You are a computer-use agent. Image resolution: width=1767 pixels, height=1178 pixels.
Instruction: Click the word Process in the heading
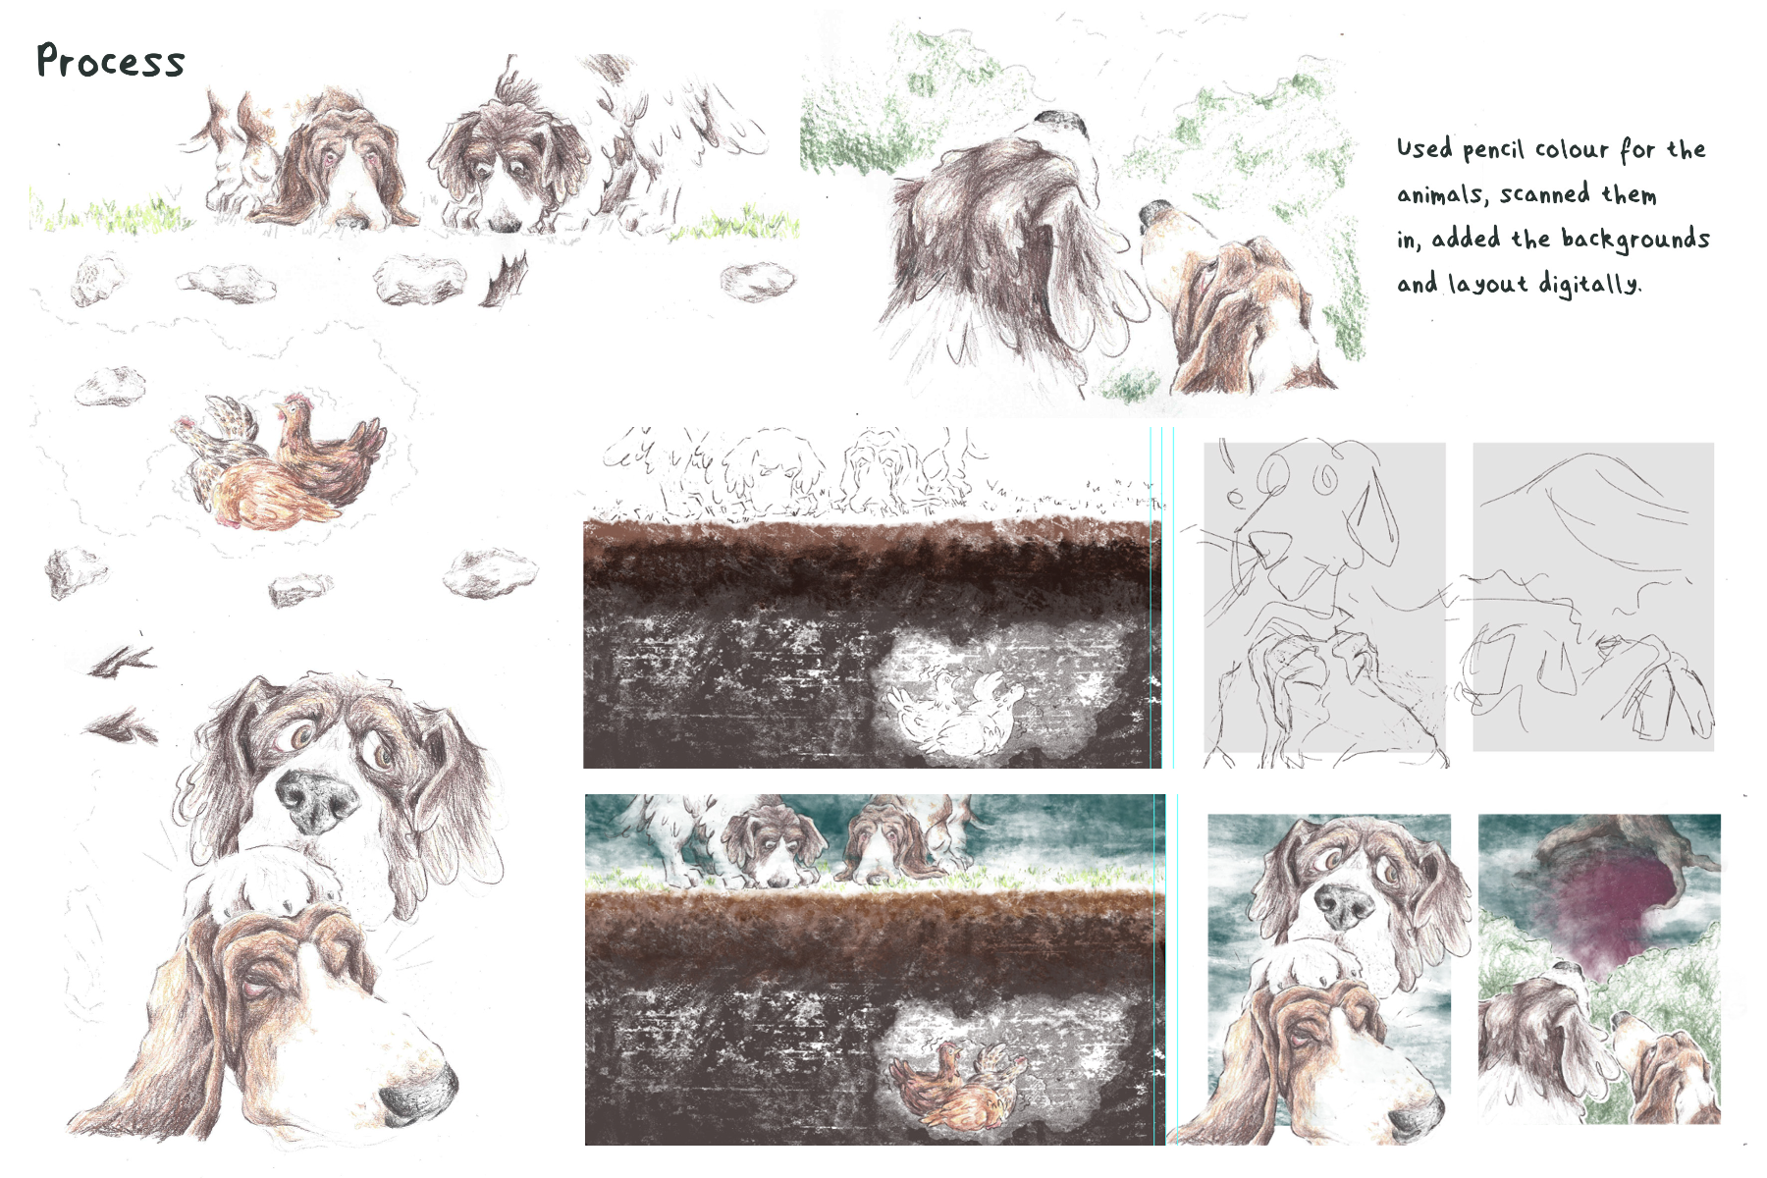coord(110,61)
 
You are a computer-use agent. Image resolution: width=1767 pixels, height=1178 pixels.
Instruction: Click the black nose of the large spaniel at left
coord(316,797)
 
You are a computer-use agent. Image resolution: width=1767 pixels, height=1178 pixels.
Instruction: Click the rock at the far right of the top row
coord(757,282)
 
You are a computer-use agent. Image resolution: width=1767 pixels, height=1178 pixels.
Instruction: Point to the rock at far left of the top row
coord(97,279)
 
